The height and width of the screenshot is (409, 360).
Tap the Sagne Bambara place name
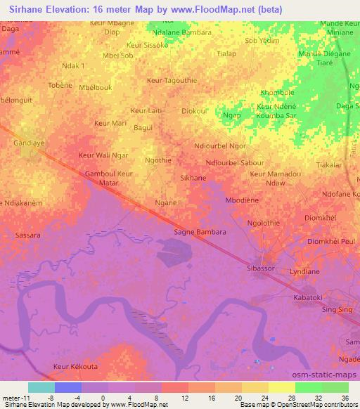200,232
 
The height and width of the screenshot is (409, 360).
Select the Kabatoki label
307,298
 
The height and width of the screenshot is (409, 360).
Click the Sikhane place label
193,178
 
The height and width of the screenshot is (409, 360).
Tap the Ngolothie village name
264,222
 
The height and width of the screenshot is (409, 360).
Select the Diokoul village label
194,110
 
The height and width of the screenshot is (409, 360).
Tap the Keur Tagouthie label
171,81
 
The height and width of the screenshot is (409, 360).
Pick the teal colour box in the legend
41,387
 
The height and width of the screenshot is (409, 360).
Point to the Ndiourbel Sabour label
235,163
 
